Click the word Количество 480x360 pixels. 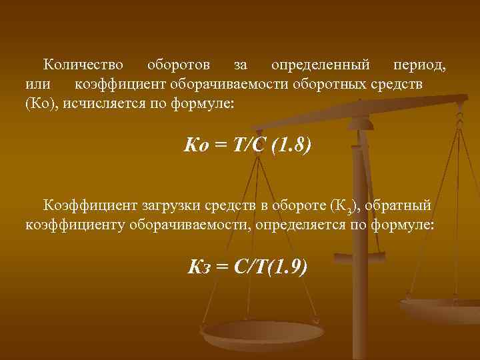(83, 66)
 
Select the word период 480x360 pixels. (419, 66)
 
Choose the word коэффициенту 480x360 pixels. (71, 225)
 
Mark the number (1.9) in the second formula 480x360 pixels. (285, 267)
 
